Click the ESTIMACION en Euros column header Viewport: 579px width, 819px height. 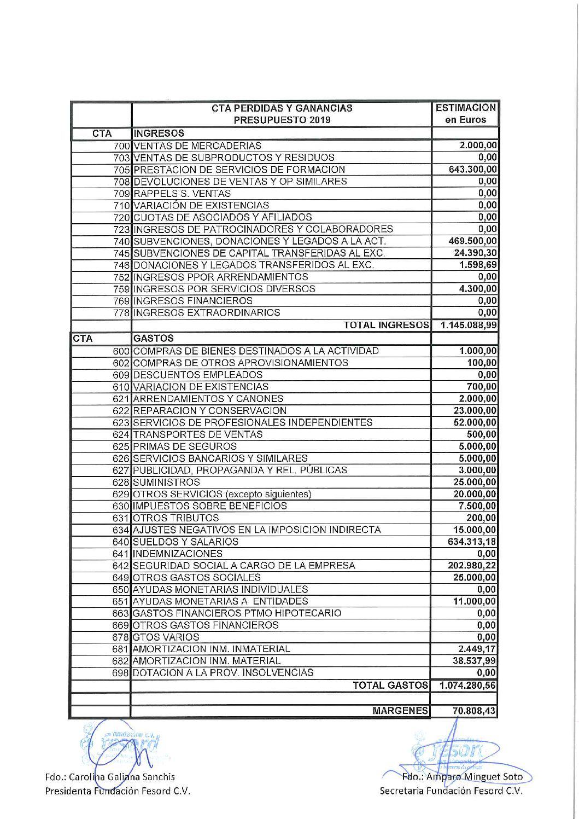(465, 114)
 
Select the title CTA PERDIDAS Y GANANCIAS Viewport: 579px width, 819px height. (282, 108)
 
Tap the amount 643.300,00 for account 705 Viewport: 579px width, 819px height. (472, 170)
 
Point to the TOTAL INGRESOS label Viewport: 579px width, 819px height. (386, 325)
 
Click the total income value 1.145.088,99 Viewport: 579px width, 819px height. (467, 325)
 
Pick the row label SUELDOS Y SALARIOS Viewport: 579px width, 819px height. (186, 542)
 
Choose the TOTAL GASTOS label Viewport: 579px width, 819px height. (390, 685)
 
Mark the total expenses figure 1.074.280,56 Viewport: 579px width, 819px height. (467, 685)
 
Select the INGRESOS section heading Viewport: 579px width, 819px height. (159, 133)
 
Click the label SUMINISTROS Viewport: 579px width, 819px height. (166, 482)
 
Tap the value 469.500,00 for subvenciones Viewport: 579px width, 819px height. (472, 241)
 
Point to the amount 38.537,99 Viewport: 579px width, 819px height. (475, 661)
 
